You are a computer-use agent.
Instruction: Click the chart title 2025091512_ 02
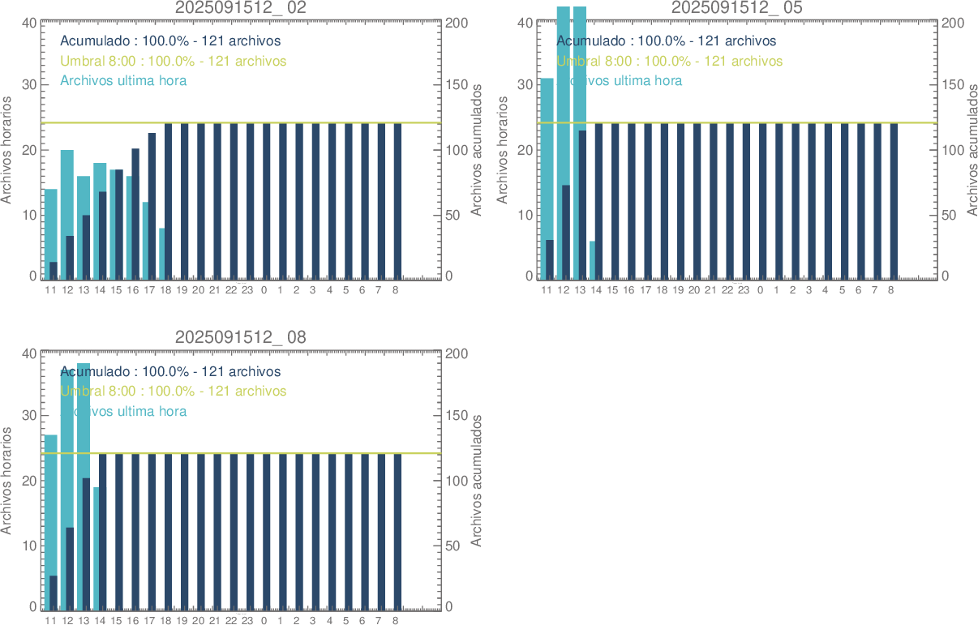(241, 8)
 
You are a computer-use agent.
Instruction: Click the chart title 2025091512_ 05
(737, 8)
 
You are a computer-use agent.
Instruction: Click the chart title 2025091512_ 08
(241, 338)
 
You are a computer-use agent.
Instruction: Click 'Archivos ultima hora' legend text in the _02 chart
(123, 81)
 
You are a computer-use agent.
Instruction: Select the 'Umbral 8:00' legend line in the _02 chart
(173, 61)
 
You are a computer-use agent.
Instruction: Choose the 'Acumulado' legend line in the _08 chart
(170, 372)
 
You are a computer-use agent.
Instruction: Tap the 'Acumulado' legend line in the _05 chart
(666, 41)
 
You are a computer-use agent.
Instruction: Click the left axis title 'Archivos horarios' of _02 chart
(7, 150)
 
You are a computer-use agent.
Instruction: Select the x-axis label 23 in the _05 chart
(744, 289)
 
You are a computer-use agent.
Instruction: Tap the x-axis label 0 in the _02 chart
(264, 289)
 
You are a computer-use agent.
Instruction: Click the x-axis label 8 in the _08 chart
(395, 620)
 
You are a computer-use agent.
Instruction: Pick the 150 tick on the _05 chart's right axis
(952, 85)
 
